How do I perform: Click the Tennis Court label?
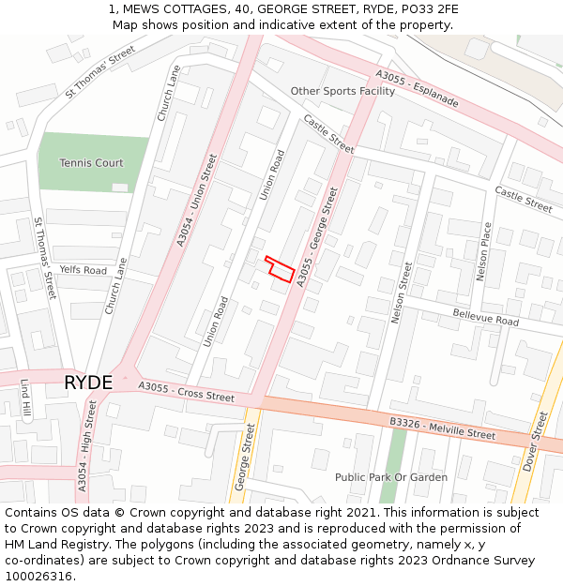pos(91,163)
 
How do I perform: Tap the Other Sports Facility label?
pos(342,92)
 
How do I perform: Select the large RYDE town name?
pos(88,383)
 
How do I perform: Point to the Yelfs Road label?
pos(83,270)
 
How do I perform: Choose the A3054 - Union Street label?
pos(197,201)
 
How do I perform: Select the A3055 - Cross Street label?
pos(186,391)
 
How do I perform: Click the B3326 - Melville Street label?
pos(442,428)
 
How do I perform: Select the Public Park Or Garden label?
pos(391,477)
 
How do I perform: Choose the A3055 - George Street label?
pos(317,236)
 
